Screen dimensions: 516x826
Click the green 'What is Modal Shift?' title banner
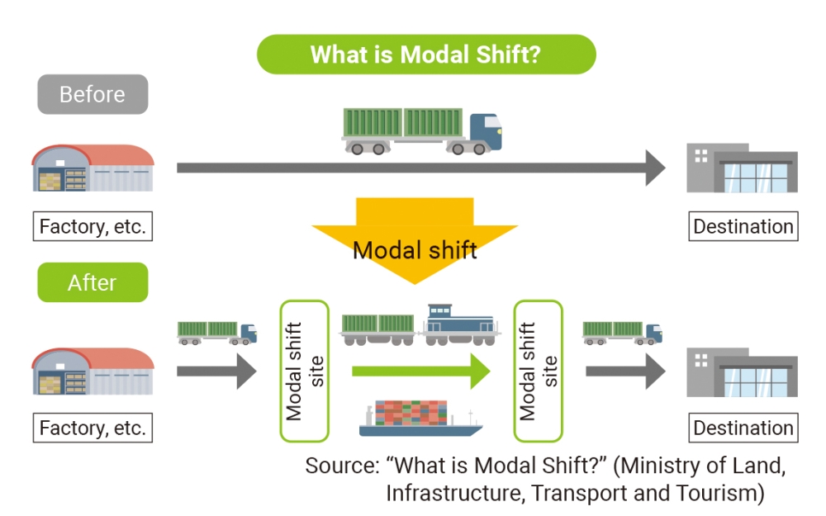(425, 54)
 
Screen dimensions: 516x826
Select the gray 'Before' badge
(93, 94)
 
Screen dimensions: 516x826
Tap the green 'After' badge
(93, 282)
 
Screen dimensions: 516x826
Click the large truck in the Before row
(422, 131)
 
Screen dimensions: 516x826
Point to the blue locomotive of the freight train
(459, 324)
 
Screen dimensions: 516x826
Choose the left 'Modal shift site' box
(304, 371)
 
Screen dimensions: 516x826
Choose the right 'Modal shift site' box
(538, 371)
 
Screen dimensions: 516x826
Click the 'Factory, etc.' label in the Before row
(93, 226)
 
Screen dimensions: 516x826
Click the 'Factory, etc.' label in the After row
(93, 428)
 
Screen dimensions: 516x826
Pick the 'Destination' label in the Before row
(743, 226)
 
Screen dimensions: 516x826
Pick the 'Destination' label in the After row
(743, 428)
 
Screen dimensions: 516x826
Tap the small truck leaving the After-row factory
(217, 332)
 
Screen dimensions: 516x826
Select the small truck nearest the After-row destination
(622, 332)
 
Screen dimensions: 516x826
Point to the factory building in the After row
(93, 371)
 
